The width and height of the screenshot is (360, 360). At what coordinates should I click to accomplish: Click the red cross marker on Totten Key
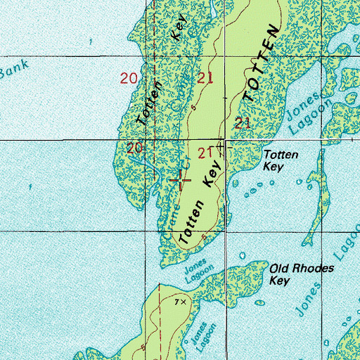(182, 179)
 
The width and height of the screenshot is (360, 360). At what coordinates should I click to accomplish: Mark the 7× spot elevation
(181, 302)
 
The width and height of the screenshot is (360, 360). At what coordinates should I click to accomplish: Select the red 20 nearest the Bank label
(129, 79)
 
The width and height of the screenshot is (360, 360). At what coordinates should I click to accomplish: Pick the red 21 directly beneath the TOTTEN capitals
(243, 123)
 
